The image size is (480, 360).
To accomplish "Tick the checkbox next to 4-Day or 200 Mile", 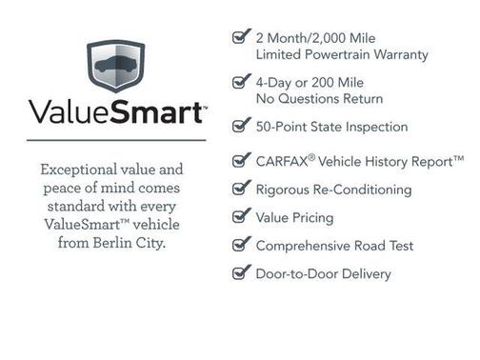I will click(241, 83).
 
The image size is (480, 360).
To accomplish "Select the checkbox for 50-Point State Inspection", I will click(241, 126).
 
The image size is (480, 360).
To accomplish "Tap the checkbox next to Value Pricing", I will click(241, 217).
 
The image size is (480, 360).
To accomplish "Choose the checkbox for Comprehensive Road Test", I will click(241, 245).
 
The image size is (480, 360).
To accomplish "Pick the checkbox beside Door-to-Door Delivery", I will click(241, 273).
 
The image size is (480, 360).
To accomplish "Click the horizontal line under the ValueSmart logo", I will click(116, 140).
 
